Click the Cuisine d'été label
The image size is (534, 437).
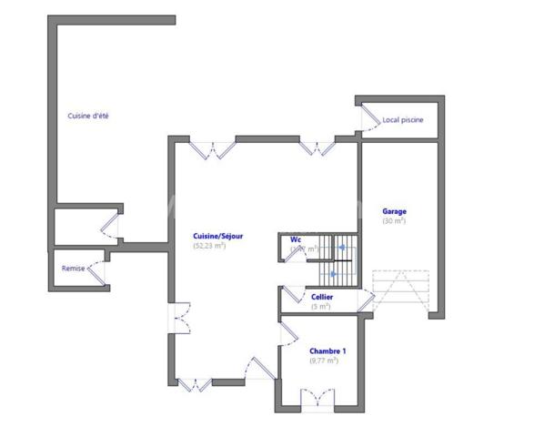(x=88, y=116)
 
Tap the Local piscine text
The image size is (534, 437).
(x=402, y=119)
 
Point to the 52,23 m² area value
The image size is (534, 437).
(x=209, y=246)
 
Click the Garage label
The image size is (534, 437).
(x=394, y=212)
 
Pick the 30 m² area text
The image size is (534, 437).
(x=394, y=221)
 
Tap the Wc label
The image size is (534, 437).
(x=296, y=239)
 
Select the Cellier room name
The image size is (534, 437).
(x=321, y=297)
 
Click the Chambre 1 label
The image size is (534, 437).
(x=327, y=351)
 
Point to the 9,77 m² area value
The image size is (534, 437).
(x=324, y=361)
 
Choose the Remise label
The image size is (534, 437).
(x=73, y=269)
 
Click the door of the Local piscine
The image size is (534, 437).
(x=371, y=117)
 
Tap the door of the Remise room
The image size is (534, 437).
(x=98, y=269)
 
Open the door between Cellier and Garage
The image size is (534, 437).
(x=365, y=297)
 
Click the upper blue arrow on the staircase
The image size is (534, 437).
(x=341, y=247)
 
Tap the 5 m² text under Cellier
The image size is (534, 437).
(x=320, y=307)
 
